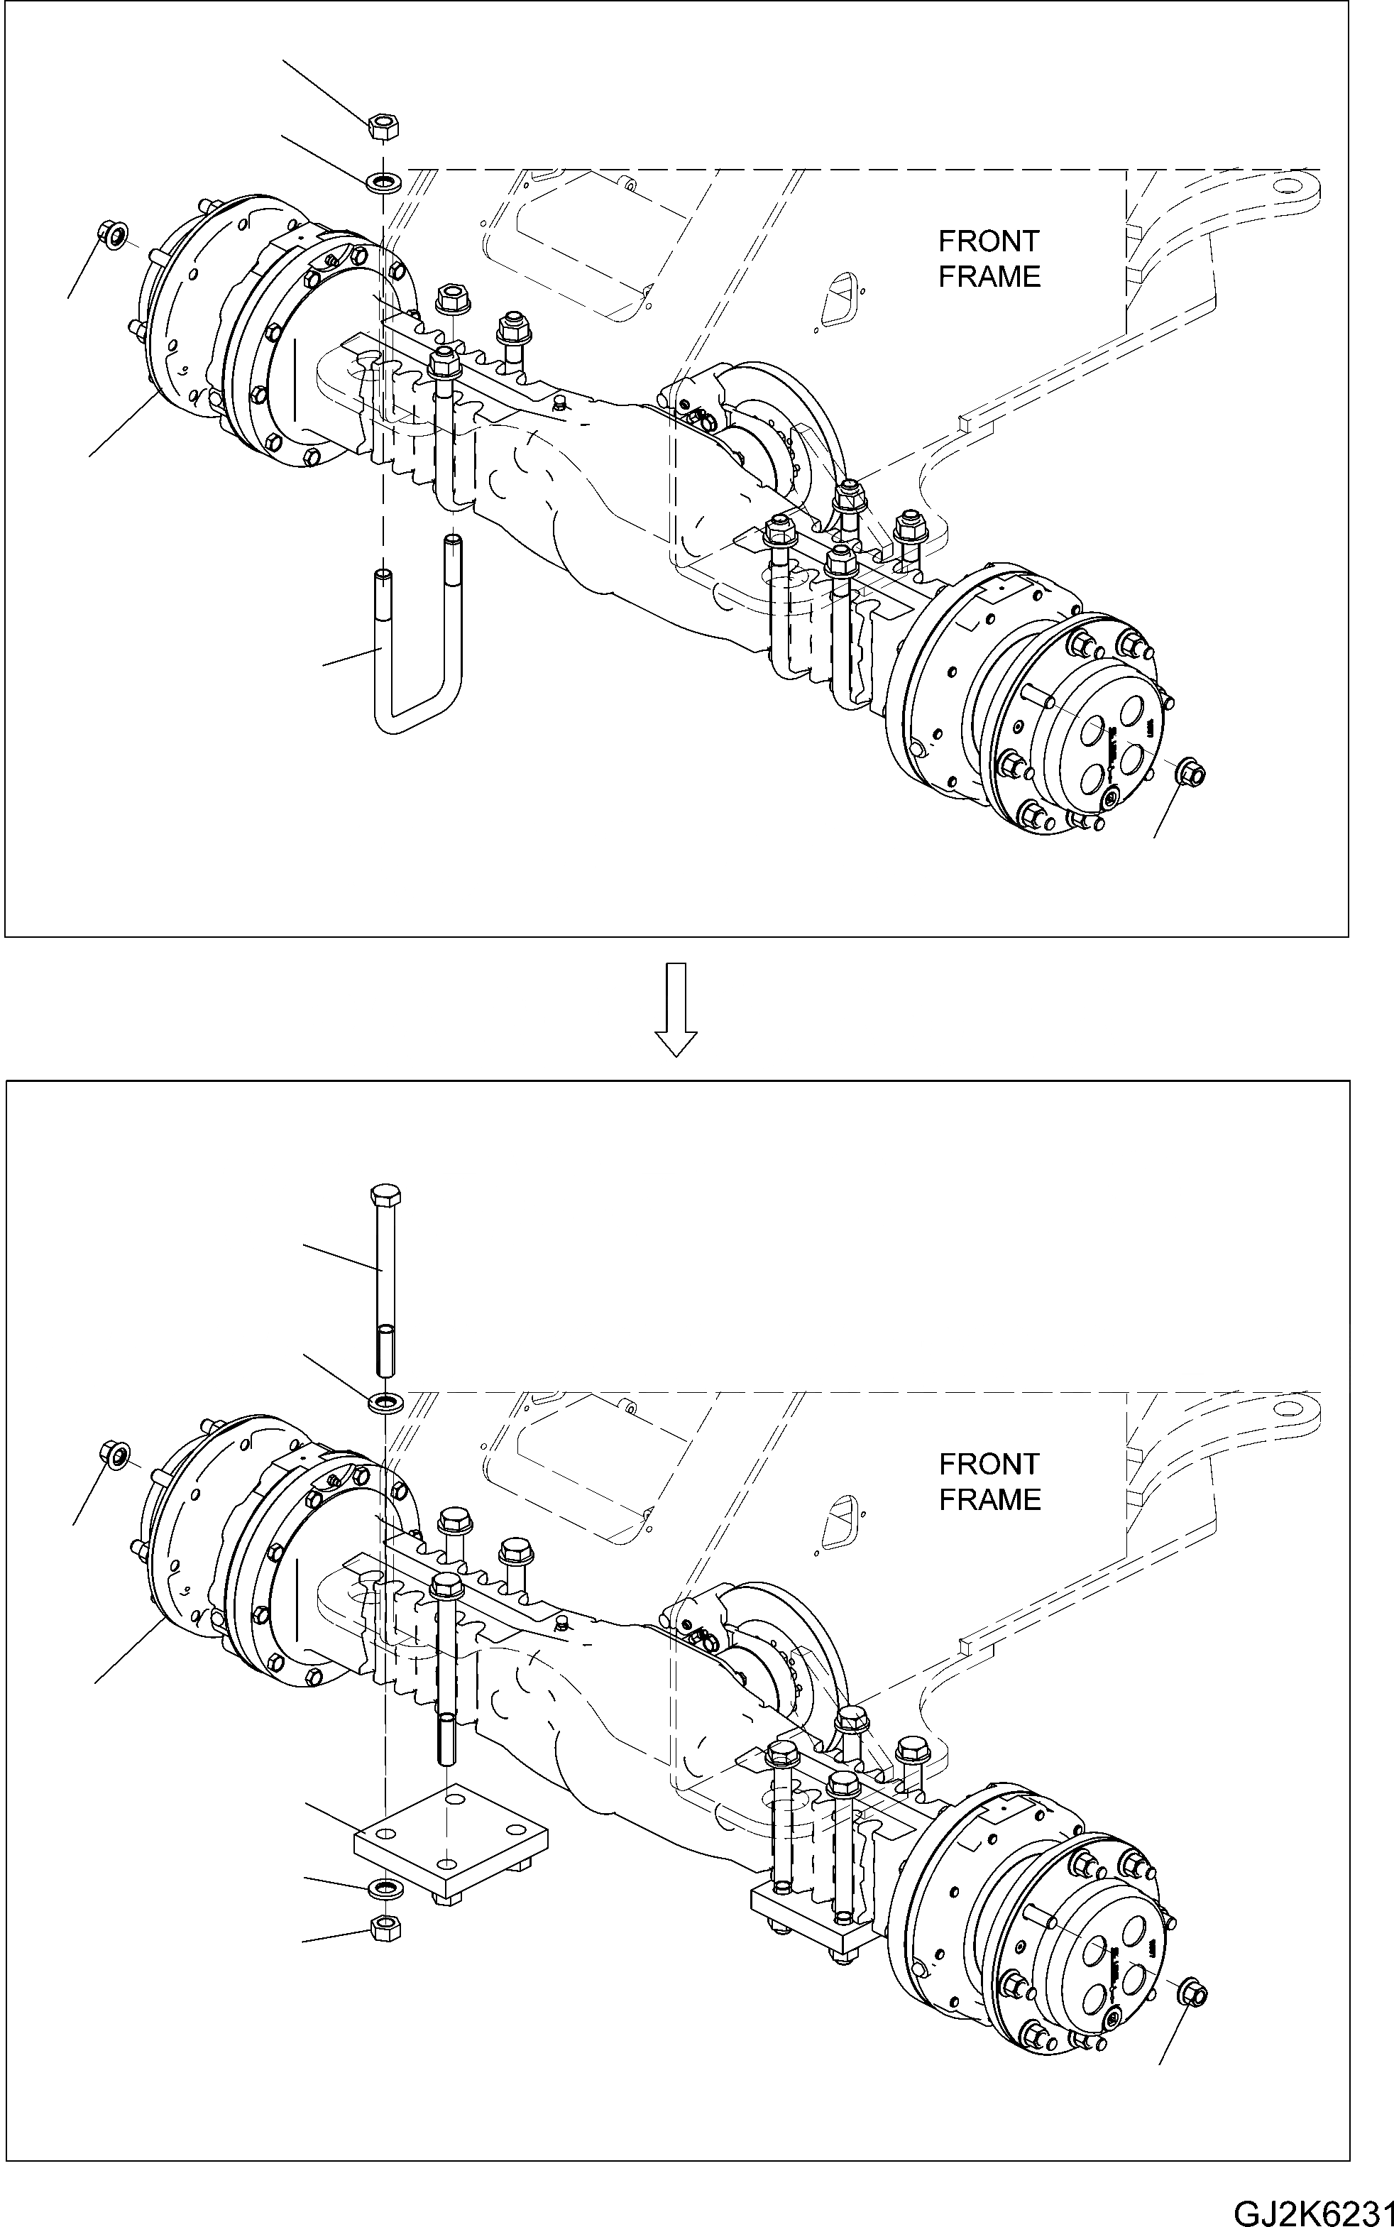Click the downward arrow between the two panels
676,1009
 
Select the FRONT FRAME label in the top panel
989,258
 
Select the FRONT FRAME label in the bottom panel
989,1481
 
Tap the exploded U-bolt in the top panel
417,645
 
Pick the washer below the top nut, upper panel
383,180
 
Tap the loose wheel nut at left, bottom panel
114,1454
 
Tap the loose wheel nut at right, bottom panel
1192,1992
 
